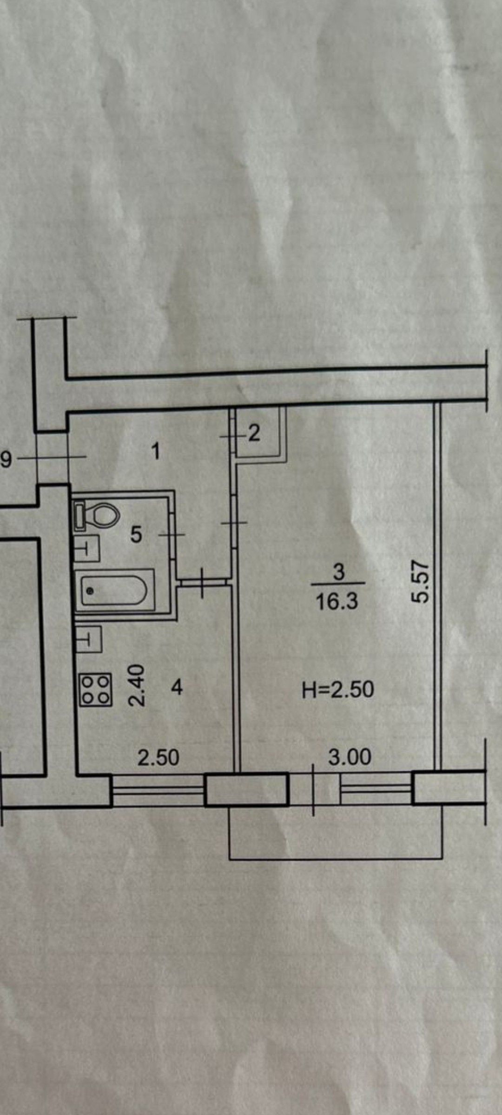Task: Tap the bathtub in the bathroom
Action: pyautogui.click(x=114, y=590)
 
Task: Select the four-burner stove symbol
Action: pyautogui.click(x=96, y=690)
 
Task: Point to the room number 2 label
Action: pyautogui.click(x=254, y=434)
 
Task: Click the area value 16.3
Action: pyautogui.click(x=337, y=602)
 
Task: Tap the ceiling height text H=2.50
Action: pyautogui.click(x=338, y=689)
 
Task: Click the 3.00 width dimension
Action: pyautogui.click(x=350, y=757)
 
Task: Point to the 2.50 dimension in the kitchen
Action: pyautogui.click(x=159, y=758)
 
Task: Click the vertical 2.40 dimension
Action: pyautogui.click(x=138, y=685)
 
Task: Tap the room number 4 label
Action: pyautogui.click(x=177, y=687)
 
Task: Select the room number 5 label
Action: pyautogui.click(x=136, y=535)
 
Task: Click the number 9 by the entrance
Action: pyautogui.click(x=6, y=460)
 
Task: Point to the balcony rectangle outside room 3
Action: pyautogui.click(x=335, y=832)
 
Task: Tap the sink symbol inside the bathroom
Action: pyautogui.click(x=87, y=549)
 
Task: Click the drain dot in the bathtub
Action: pyautogui.click(x=90, y=590)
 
